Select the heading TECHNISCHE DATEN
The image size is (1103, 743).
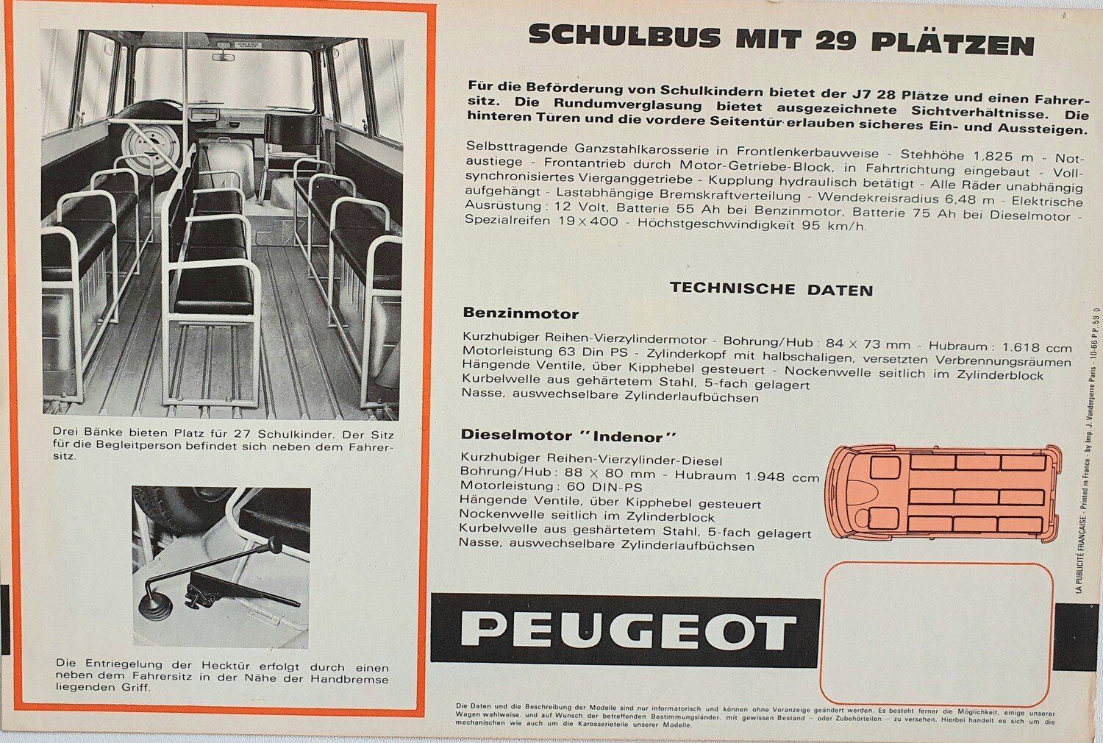771,289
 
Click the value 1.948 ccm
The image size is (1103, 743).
782,477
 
